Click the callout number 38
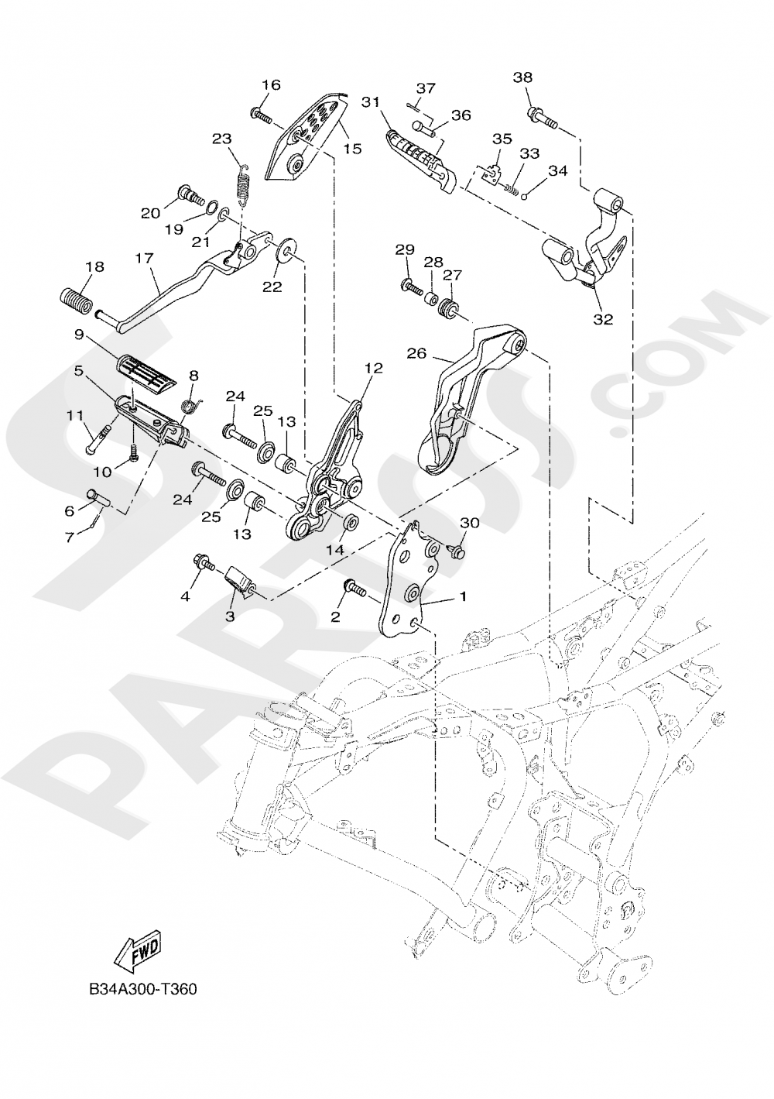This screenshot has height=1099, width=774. click(x=522, y=77)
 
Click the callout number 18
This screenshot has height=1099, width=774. click(x=94, y=267)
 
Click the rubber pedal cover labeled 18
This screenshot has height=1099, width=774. click(x=77, y=297)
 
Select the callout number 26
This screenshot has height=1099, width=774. click(x=417, y=353)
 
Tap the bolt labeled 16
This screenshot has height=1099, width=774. click(x=261, y=116)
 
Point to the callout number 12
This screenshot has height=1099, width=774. click(x=374, y=369)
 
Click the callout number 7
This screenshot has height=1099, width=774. click(x=70, y=536)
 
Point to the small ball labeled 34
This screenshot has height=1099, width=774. click(x=524, y=195)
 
